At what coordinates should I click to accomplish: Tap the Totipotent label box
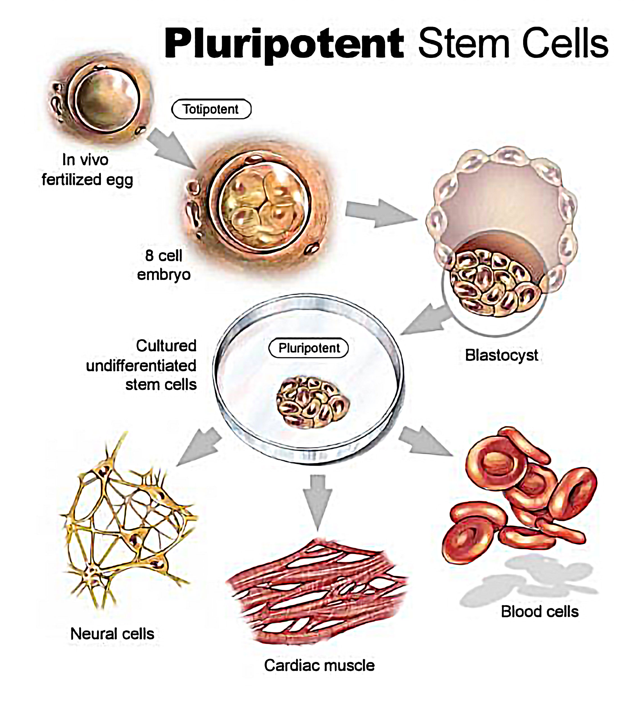(211, 109)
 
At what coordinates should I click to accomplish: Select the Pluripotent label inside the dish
(309, 348)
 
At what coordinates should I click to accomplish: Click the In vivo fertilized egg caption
(87, 170)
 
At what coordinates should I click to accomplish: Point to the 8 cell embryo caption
(164, 265)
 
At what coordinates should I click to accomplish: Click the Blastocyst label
(501, 355)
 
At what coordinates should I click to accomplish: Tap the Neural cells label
(112, 633)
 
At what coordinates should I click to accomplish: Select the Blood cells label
(539, 612)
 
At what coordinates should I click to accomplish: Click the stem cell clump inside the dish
(313, 402)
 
